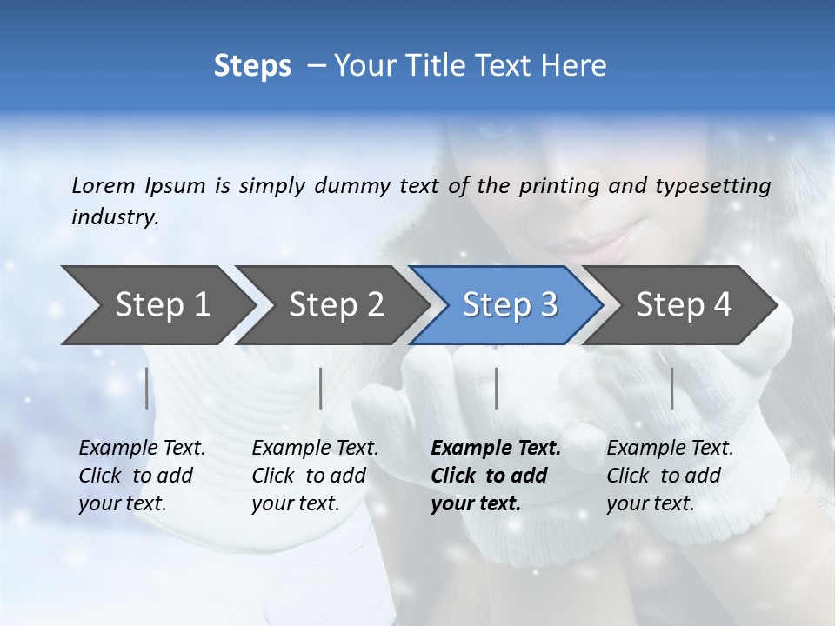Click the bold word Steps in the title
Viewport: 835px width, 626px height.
252,66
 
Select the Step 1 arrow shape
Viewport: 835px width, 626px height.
157,305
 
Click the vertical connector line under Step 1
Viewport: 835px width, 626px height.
147,388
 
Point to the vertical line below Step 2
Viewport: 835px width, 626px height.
321,388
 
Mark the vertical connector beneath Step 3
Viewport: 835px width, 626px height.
497,388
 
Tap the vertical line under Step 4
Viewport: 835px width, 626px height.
672,388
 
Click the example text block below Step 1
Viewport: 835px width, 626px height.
142,476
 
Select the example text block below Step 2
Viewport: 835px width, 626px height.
315,476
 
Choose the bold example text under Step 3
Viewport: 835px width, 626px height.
496,476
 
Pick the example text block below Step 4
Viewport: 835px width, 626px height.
670,476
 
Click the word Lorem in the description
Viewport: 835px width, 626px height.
104,185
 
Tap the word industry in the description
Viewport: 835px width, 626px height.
114,216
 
